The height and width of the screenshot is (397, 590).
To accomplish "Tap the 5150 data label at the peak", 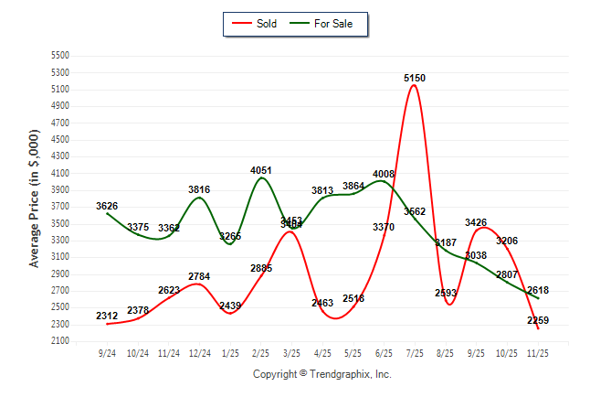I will (x=415, y=79).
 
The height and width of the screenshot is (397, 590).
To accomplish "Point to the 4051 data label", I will (x=261, y=170).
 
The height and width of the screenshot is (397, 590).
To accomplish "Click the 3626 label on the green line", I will (x=107, y=206).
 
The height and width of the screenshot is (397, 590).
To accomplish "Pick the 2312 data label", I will (x=107, y=317).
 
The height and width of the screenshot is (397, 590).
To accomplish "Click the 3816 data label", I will (x=199, y=189).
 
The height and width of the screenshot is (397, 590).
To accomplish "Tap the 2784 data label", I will (x=199, y=276).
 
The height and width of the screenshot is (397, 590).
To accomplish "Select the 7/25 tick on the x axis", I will (x=415, y=352).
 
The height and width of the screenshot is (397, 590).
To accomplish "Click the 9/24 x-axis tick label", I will (x=107, y=352).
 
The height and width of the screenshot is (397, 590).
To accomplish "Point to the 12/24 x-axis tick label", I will (x=199, y=352).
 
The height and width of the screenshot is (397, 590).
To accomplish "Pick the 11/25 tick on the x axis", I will (x=538, y=352).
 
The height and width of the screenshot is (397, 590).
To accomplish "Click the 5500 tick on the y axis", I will (x=59, y=56).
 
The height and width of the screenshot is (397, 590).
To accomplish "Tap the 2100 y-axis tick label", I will (x=59, y=341).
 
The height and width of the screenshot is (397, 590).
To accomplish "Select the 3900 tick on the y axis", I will (x=59, y=190).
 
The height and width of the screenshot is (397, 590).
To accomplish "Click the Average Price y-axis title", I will (x=35, y=198).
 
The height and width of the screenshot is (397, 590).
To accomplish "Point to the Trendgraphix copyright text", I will (x=321, y=374).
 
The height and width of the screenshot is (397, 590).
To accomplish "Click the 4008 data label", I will (x=384, y=174).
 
